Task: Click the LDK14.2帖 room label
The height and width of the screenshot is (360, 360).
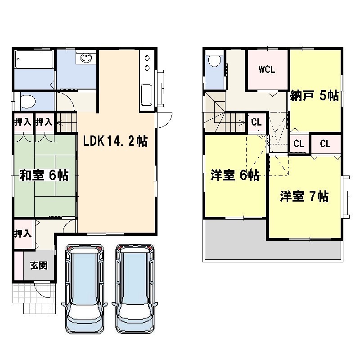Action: point(115,141)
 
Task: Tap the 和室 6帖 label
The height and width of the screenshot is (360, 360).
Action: point(44,175)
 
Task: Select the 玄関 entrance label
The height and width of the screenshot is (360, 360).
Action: point(39,265)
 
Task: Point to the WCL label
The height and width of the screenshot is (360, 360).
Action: point(267,69)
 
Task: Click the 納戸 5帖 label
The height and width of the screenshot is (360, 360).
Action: point(315,95)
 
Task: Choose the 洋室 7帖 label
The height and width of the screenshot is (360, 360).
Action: point(304,196)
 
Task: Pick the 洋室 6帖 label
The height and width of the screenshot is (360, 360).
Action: point(235,175)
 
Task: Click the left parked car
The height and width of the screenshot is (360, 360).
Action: point(84,289)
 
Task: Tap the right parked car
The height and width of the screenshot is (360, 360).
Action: point(135,289)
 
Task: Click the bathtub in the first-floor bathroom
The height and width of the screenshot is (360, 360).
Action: point(34,59)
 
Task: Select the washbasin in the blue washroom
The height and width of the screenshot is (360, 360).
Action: point(86,58)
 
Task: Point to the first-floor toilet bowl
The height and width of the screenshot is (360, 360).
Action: point(27,102)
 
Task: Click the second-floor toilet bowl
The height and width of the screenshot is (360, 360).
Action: point(214,60)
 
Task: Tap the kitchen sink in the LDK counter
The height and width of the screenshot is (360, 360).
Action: point(146,94)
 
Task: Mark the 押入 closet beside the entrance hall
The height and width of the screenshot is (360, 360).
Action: point(22,234)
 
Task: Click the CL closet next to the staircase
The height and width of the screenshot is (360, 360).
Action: point(256,122)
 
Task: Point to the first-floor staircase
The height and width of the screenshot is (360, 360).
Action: point(66,122)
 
